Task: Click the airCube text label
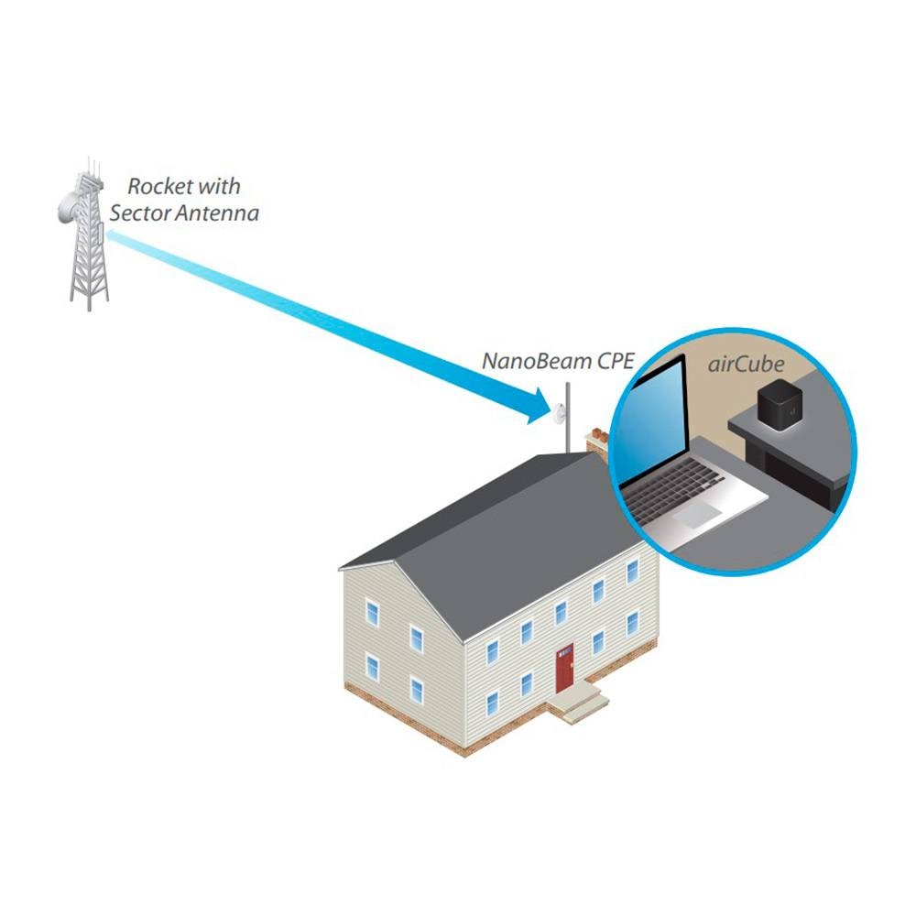click(746, 364)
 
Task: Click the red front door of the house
click(563, 668)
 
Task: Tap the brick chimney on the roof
click(597, 442)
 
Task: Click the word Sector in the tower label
click(139, 213)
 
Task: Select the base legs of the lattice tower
click(89, 292)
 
